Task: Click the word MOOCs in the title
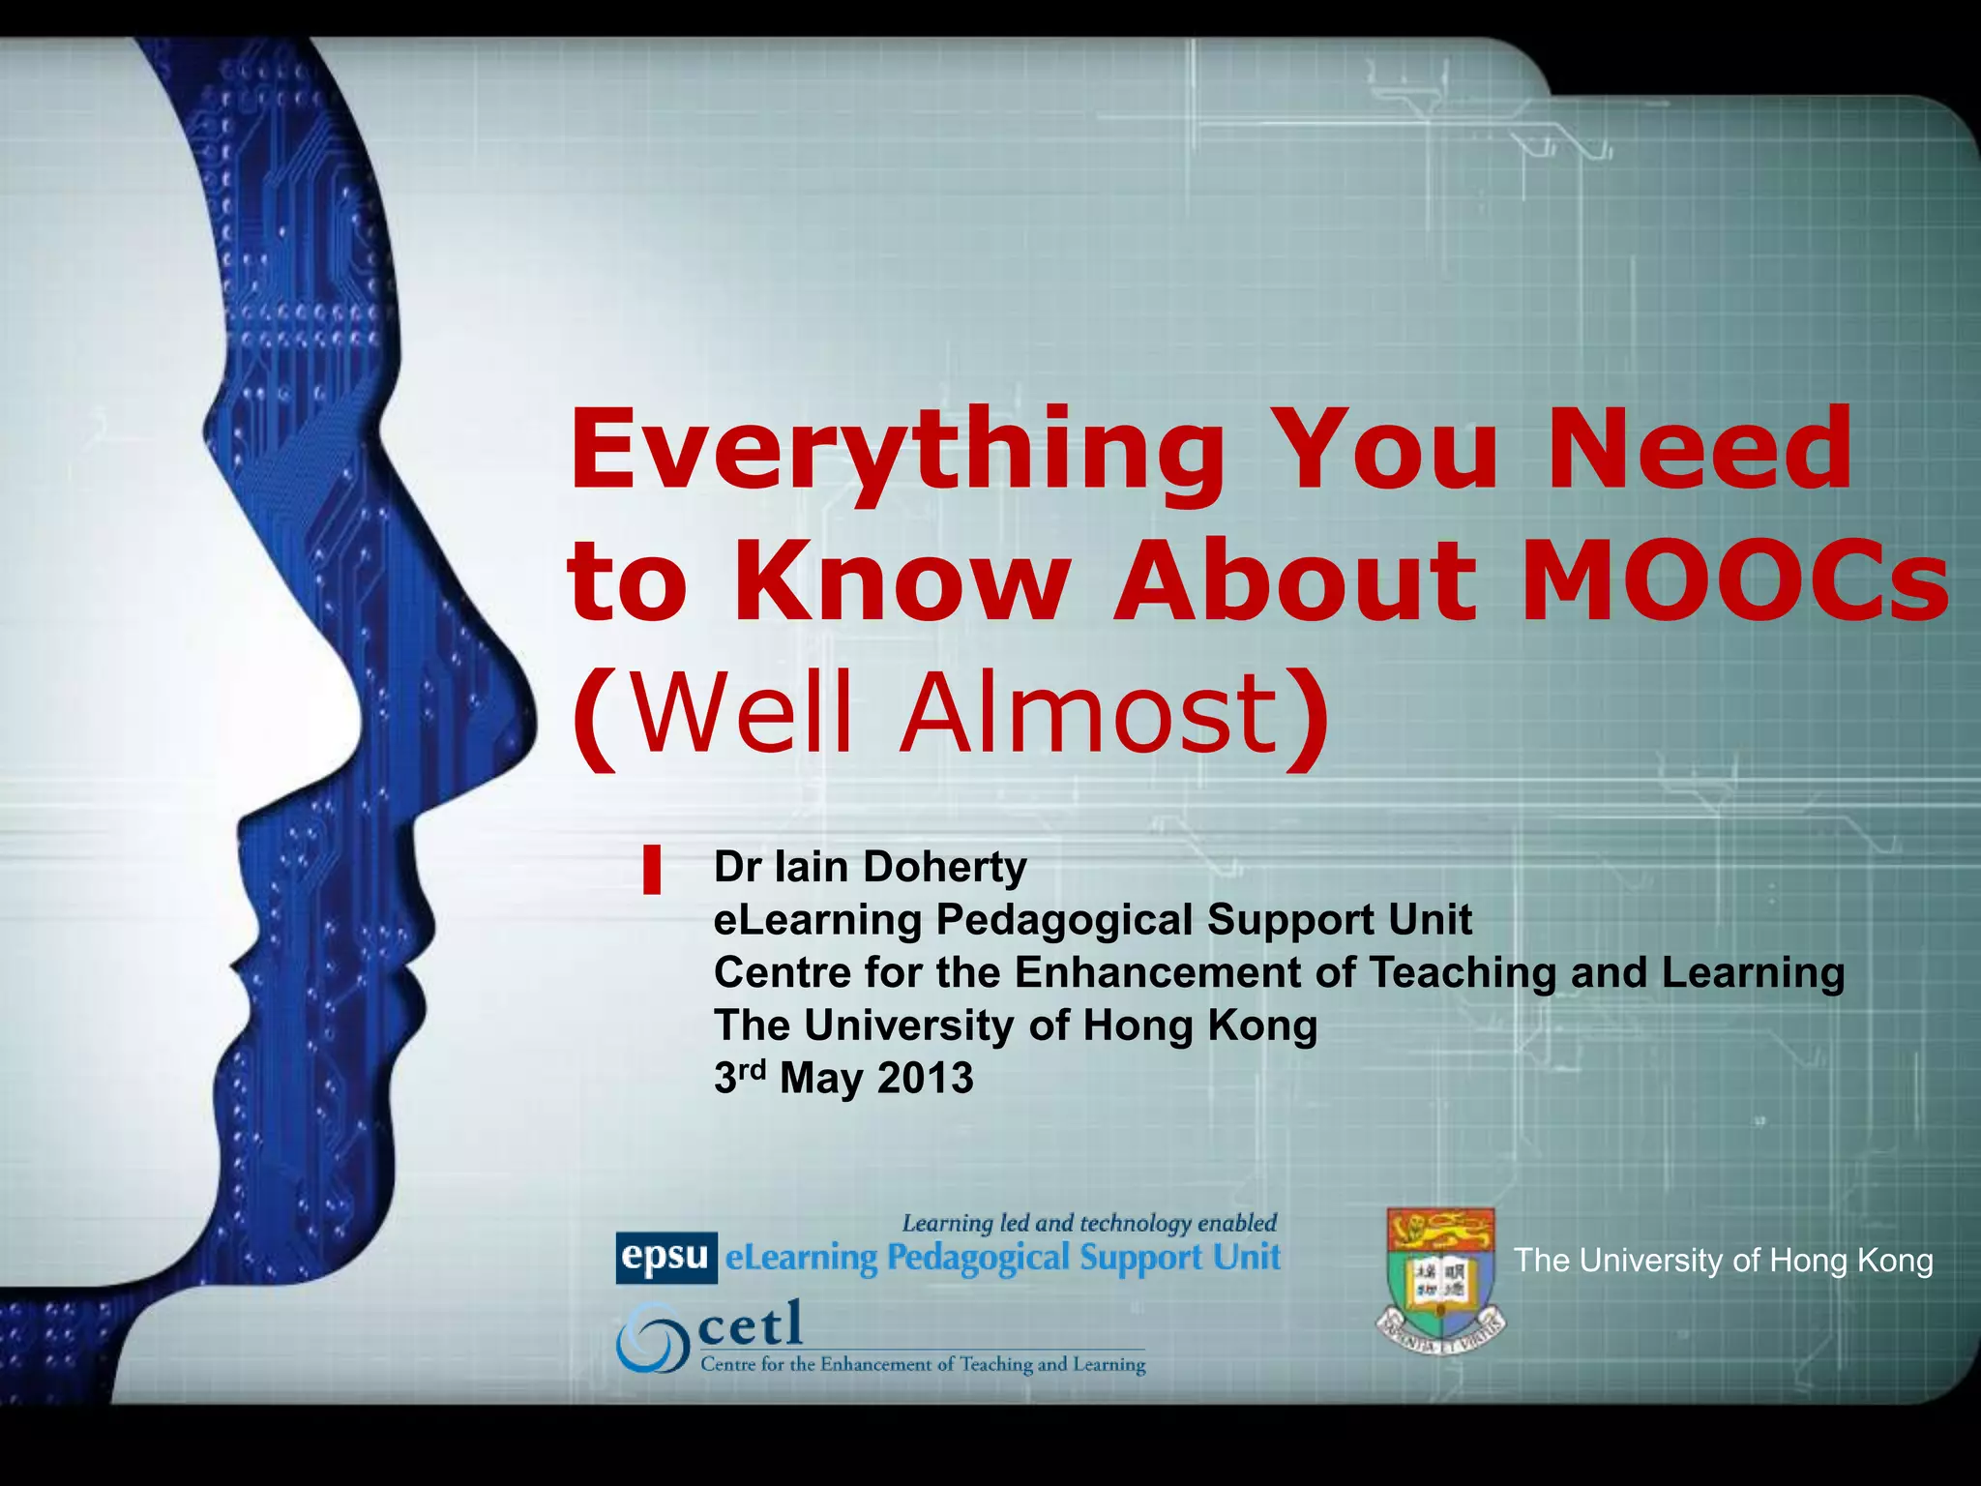1733,580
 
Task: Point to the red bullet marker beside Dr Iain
652,869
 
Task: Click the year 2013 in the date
925,1078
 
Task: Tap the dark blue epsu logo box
665,1257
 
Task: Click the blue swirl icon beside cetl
651,1338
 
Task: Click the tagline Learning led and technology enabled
1089,1223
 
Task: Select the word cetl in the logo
751,1323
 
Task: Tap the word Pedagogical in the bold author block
1063,919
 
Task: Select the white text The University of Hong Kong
1723,1260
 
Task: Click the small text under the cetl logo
922,1364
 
